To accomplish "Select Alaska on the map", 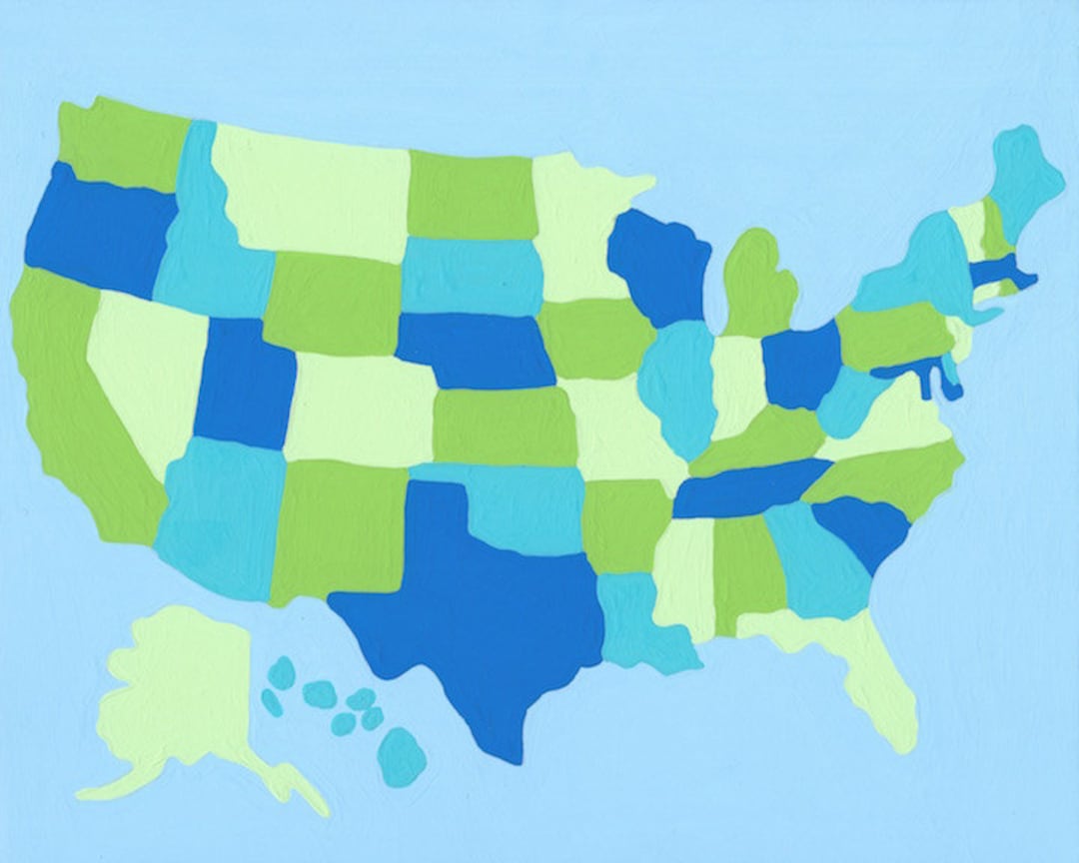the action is coord(180,689).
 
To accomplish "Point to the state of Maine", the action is coord(1024,180).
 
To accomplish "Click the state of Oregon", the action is coord(95,235).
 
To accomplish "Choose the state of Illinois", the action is coord(679,385).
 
